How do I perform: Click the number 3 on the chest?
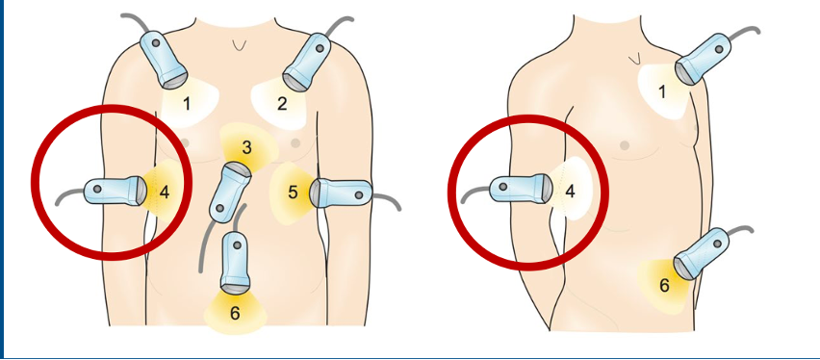(x=246, y=147)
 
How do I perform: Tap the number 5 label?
(x=293, y=193)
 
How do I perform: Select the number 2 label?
(x=282, y=104)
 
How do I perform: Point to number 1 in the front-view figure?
(x=186, y=104)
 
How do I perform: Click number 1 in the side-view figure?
(x=661, y=92)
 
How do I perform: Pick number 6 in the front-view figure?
(x=235, y=313)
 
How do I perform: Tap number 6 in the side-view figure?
(x=664, y=286)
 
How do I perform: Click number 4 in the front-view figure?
(x=165, y=193)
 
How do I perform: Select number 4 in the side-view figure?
(x=570, y=192)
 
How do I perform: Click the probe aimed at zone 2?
(x=307, y=62)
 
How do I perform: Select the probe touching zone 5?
(x=341, y=193)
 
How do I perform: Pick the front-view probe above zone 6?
(x=236, y=262)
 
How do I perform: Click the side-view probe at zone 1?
(x=703, y=58)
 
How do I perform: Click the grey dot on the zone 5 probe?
(x=359, y=194)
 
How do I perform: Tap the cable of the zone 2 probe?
(x=341, y=25)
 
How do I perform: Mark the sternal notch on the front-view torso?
(x=240, y=46)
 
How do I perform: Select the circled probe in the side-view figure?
(x=521, y=189)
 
